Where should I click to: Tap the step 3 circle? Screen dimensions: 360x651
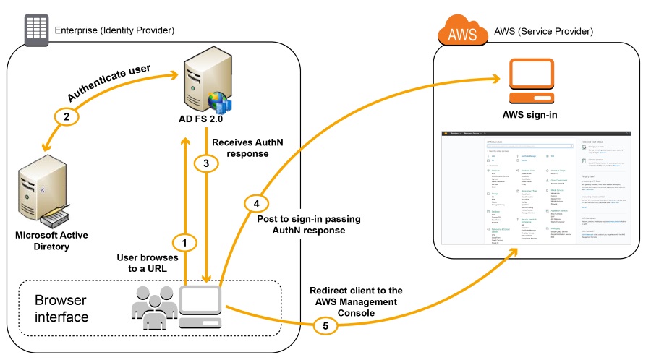coord(207,163)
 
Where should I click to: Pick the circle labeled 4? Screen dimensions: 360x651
coord(255,203)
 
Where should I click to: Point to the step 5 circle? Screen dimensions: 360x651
coord(325,325)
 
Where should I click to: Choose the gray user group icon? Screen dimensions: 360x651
coord(153,307)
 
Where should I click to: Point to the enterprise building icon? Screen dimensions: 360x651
coord(33,29)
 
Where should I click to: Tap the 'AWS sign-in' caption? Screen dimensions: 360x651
coord(530,115)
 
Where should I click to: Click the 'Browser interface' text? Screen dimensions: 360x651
coord(61,308)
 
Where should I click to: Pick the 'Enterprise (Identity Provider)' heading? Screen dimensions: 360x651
coord(115,30)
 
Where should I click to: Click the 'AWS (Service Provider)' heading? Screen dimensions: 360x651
coord(543,32)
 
